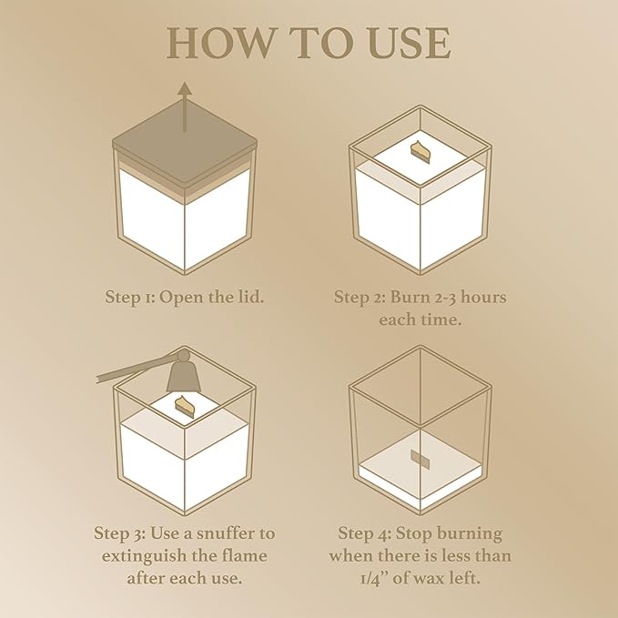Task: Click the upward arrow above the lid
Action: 185,107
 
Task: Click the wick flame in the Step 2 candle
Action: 421,150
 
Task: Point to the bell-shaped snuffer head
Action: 184,372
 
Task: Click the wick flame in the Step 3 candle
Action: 186,406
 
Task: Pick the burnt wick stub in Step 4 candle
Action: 420,458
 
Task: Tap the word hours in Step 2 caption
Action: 483,297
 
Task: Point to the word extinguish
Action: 144,556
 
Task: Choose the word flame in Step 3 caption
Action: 245,556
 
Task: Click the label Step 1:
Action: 131,298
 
